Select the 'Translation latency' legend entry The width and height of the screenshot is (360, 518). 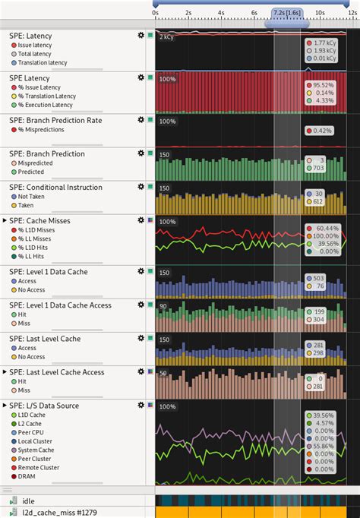[x=43, y=62]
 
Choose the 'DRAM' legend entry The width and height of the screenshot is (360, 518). [x=29, y=476]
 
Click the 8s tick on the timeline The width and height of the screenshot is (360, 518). [x=287, y=13]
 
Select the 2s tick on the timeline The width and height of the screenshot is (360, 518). [x=188, y=13]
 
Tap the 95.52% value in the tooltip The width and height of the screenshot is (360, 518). [x=324, y=85]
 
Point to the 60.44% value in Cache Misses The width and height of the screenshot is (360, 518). [x=327, y=228]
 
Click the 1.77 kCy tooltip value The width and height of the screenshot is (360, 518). [x=324, y=43]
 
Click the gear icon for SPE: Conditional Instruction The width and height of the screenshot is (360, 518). [x=141, y=187]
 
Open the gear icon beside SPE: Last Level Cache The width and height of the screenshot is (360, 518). [x=141, y=339]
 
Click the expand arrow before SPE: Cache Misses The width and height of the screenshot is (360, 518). [x=5, y=220]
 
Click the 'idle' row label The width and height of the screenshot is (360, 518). [x=28, y=501]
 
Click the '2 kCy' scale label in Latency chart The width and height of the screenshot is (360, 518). [x=166, y=36]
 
